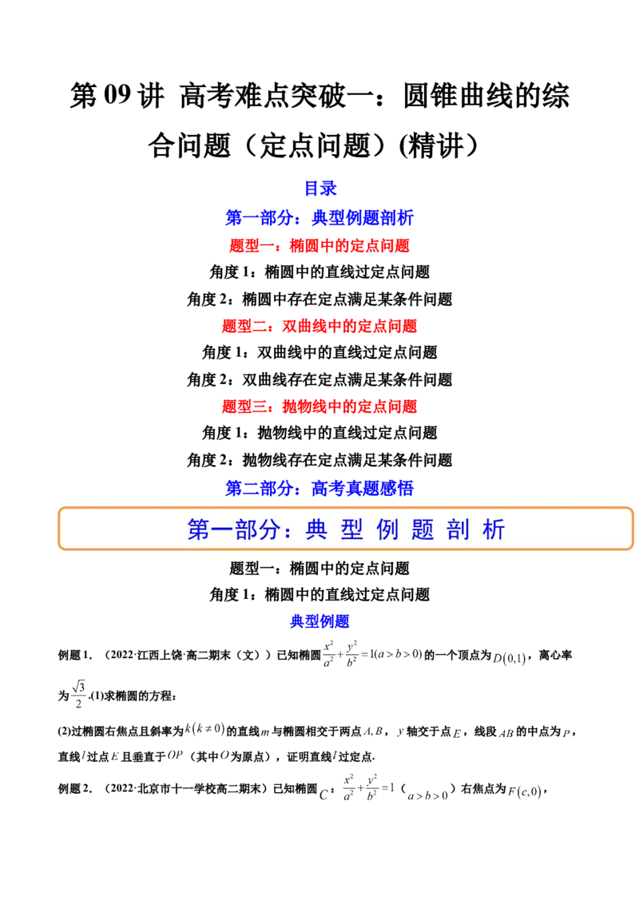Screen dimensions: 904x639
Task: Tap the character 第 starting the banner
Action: click(197, 530)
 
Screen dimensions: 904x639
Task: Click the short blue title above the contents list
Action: click(320, 188)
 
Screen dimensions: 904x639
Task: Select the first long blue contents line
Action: click(319, 217)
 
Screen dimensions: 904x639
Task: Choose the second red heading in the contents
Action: click(319, 327)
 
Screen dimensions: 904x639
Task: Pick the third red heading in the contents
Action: click(319, 406)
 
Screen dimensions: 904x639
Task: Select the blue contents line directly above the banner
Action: click(319, 488)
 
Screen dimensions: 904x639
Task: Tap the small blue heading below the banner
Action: click(319, 621)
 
